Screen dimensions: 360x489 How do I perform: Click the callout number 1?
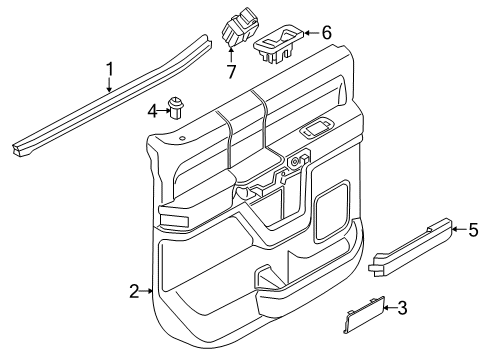(111, 70)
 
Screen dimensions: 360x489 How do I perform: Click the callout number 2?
(134, 291)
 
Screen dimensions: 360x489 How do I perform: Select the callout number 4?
(152, 110)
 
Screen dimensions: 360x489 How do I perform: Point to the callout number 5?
(473, 257)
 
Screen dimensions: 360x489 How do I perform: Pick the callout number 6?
(325, 32)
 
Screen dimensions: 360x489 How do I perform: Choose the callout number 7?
(230, 73)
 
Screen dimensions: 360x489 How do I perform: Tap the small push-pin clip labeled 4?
(176, 107)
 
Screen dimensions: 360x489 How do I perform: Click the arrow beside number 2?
(147, 291)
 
